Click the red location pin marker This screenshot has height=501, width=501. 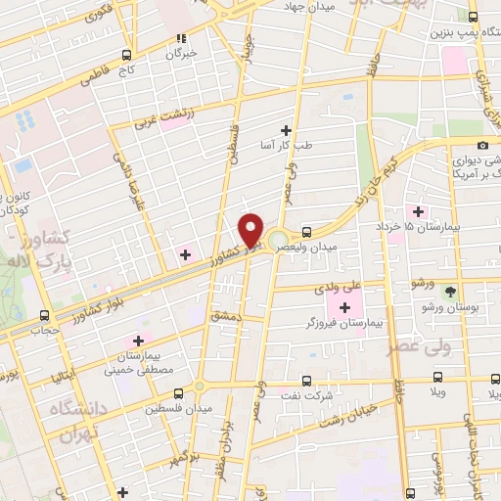(251, 229)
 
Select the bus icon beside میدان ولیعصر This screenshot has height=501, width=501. (308, 232)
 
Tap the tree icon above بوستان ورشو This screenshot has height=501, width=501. (450, 292)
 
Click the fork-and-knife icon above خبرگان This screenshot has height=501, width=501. (180, 39)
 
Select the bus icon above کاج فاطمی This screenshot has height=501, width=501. (126, 56)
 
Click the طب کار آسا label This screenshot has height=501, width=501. (288, 145)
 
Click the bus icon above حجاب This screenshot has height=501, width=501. (44, 315)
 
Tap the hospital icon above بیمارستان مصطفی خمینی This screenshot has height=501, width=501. (137, 340)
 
